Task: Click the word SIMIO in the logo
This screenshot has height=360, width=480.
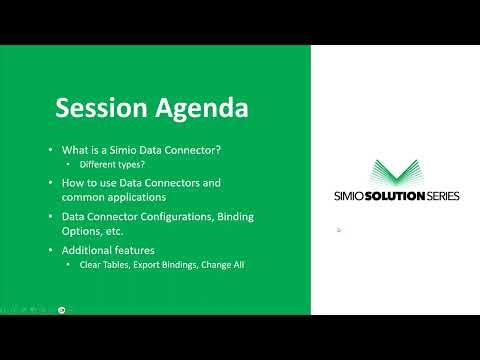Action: [x=352, y=196]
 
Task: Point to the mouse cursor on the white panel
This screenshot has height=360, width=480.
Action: [x=339, y=230]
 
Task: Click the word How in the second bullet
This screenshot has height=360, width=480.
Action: [x=71, y=183]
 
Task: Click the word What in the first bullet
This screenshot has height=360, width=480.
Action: [x=75, y=150]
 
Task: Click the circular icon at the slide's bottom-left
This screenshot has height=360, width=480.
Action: [x=62, y=309]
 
